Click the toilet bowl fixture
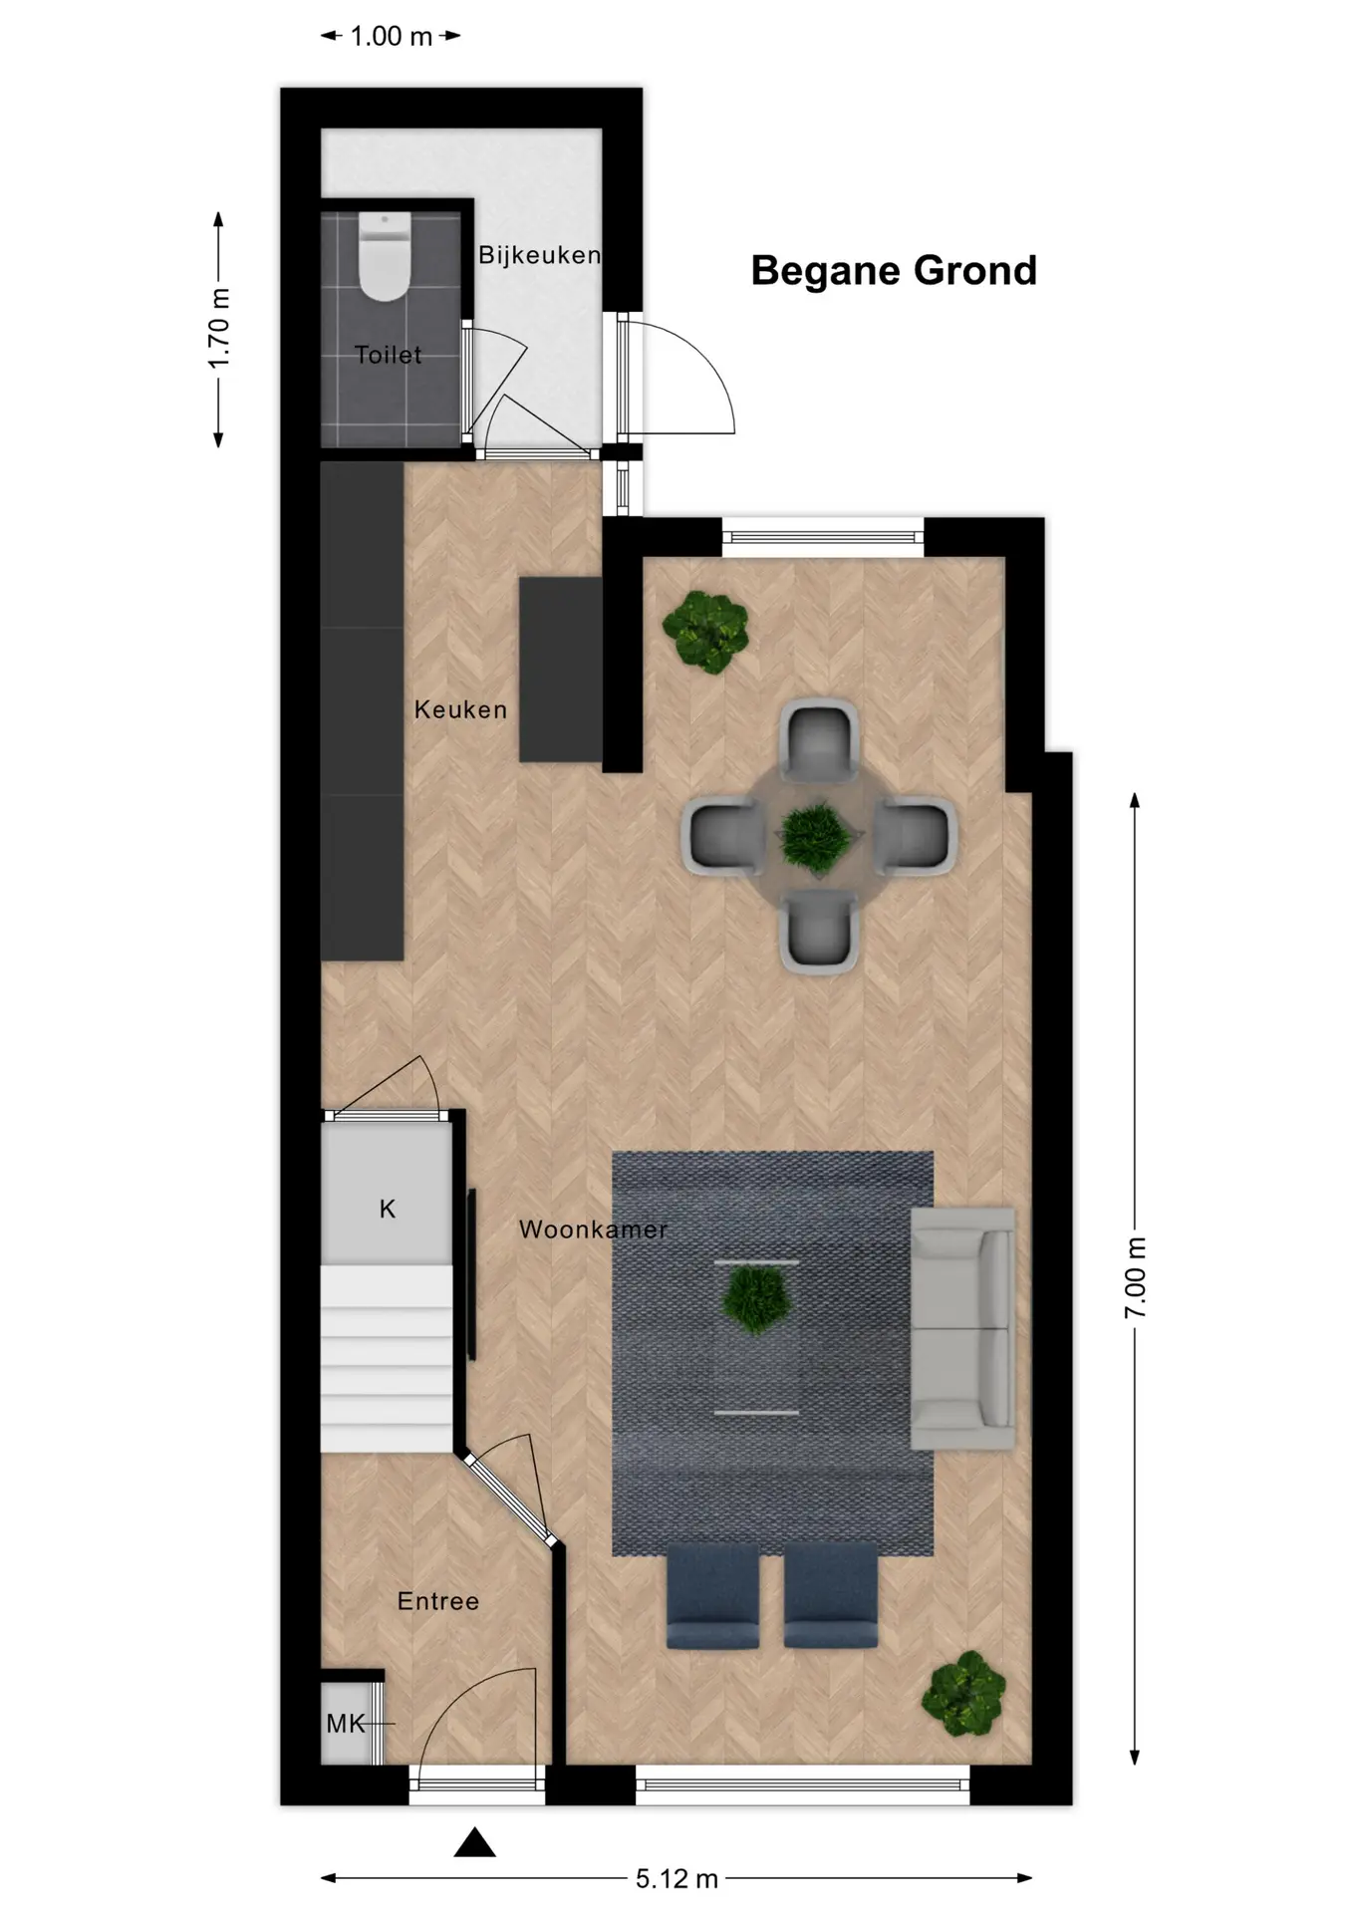(385, 256)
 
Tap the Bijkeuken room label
(539, 255)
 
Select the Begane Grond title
(894, 270)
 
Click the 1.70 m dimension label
(219, 328)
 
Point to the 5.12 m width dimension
(676, 1878)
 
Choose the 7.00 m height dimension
(1135, 1277)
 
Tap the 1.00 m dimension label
(391, 37)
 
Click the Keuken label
(460, 709)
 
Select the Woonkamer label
(593, 1230)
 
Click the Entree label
(438, 1601)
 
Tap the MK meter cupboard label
(346, 1724)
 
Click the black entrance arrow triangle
(475, 1843)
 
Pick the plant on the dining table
(816, 838)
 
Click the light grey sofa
(962, 1329)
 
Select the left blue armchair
(712, 1595)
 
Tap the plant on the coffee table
(756, 1301)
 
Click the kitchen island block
(561, 670)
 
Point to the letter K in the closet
(388, 1209)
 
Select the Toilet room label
(388, 355)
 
